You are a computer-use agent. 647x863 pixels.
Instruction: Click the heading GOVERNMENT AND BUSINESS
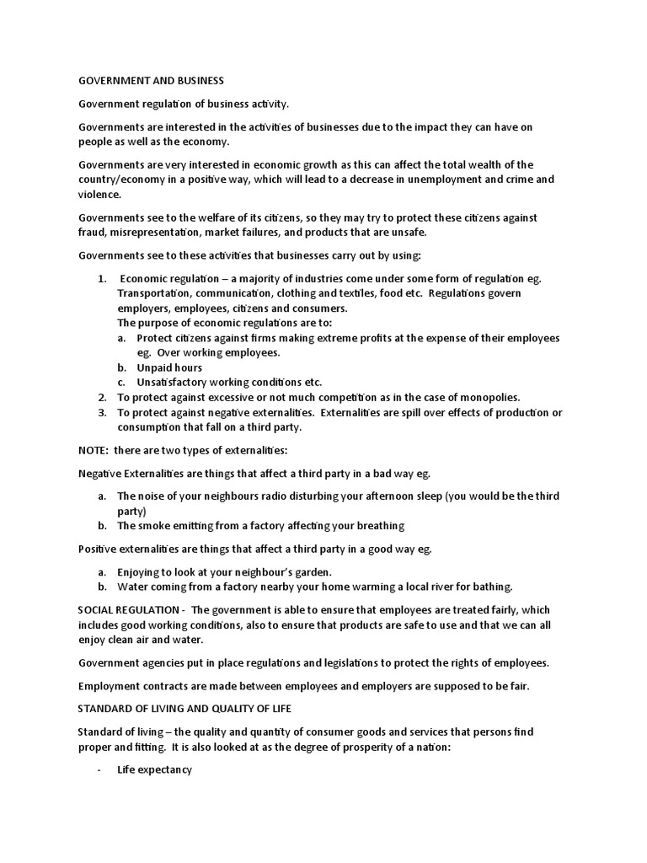tap(152, 81)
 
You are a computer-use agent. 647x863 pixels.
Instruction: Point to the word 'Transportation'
tap(155, 293)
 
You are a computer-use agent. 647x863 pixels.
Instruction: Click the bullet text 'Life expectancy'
tap(154, 770)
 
